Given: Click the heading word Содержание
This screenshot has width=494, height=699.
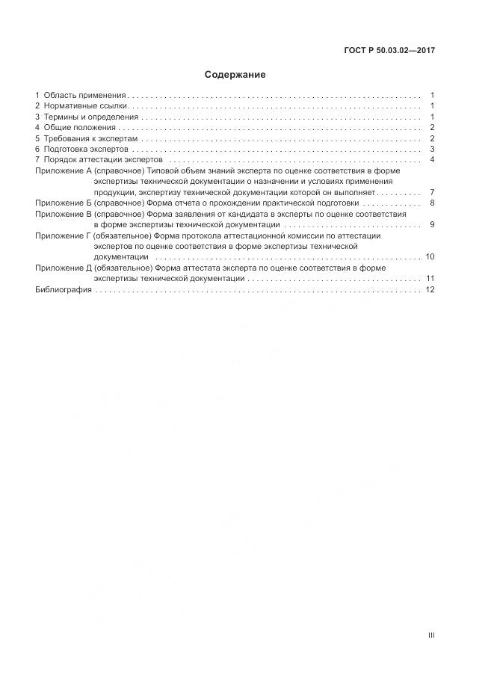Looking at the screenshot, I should click(x=235, y=75).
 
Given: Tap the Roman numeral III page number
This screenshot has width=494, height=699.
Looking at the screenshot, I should click(x=431, y=635).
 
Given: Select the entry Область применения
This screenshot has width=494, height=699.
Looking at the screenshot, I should click(x=85, y=96).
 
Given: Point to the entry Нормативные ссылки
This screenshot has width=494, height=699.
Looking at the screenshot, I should click(x=86, y=106).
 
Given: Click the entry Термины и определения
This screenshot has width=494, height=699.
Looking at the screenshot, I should click(x=91, y=117).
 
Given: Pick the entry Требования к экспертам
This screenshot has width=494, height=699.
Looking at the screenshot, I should click(x=91, y=139).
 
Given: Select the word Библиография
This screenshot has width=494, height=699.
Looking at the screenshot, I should click(x=64, y=289).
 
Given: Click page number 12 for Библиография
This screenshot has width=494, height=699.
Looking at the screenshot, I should click(x=430, y=289).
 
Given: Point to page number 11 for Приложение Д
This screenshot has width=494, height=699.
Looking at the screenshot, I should click(x=430, y=279).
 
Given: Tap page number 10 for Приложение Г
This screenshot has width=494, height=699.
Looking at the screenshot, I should click(x=430, y=257).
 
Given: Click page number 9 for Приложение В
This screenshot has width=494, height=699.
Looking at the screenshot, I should click(x=432, y=225).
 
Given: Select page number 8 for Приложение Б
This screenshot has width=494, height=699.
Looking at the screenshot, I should click(x=432, y=203).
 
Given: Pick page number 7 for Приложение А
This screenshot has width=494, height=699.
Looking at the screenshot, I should click(x=432, y=193).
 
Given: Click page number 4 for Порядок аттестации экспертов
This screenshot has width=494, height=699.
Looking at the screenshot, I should click(x=432, y=160).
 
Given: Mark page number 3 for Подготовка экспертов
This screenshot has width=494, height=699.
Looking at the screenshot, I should click(x=432, y=150).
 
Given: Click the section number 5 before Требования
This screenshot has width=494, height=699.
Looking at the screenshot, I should click(x=38, y=139).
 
